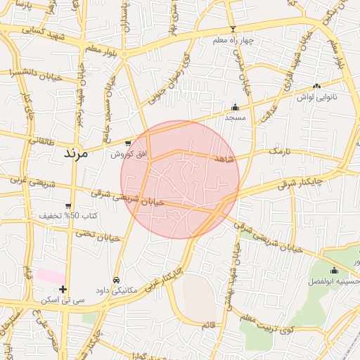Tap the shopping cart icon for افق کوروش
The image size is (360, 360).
[x=127, y=143]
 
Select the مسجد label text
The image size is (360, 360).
[x=234, y=117]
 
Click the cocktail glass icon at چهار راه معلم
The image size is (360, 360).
[x=233, y=30]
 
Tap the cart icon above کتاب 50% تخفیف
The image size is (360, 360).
[x=68, y=206]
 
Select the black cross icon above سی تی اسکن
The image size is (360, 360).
[x=63, y=289]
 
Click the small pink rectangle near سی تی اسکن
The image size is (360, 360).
[x=49, y=276]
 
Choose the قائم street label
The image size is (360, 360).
[x=208, y=324]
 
